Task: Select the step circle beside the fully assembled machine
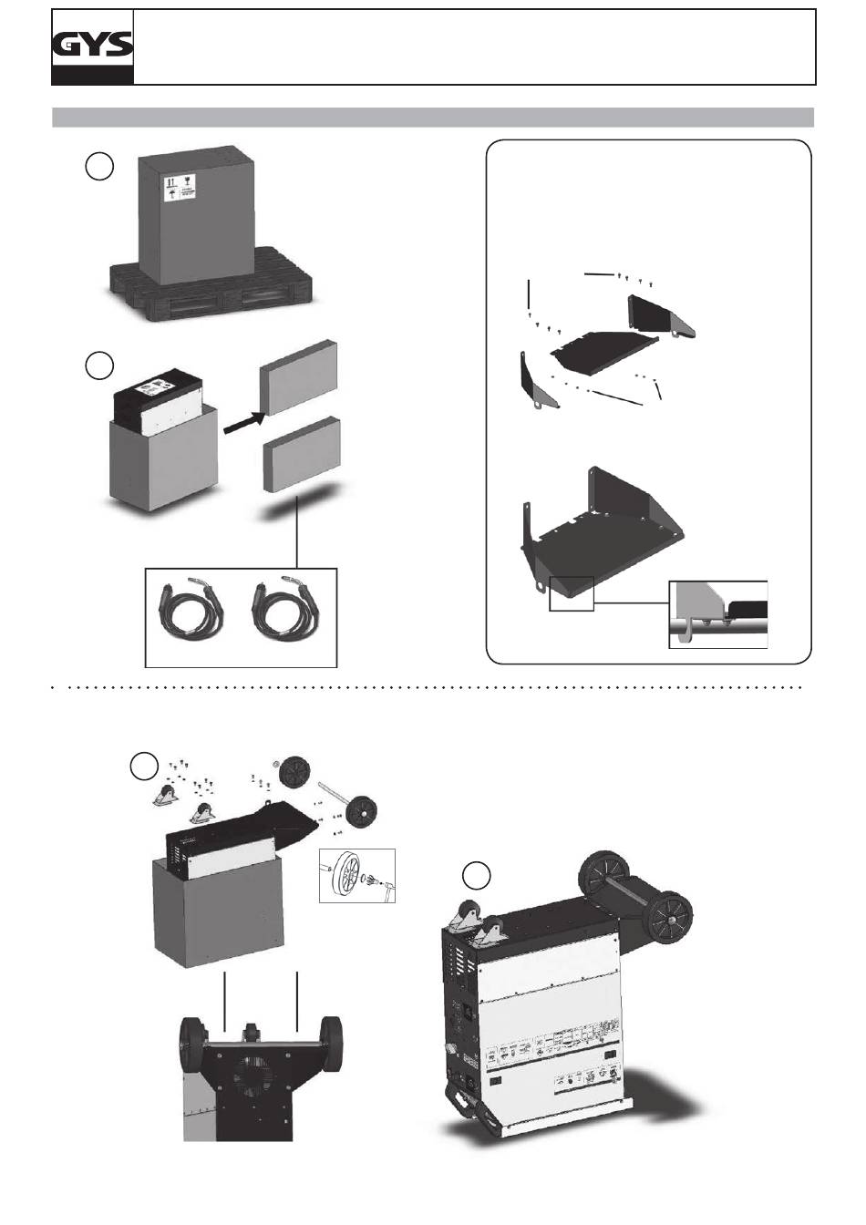pos(476,876)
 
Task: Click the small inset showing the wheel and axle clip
pos(357,876)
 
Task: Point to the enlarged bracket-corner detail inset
pos(718,613)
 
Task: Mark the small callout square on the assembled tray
pos(571,593)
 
